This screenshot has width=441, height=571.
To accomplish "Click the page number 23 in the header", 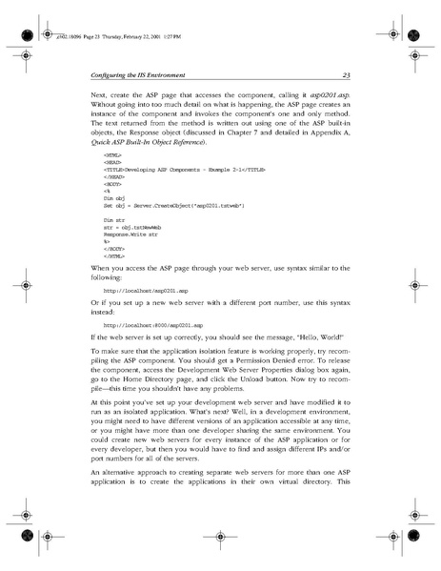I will pos(346,76).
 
